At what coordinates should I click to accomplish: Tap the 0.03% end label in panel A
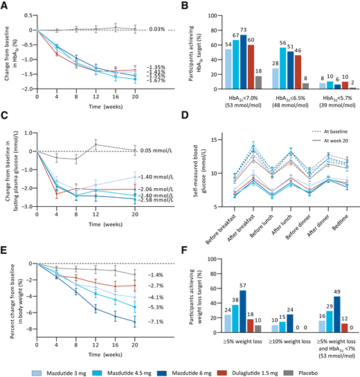[158, 29]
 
